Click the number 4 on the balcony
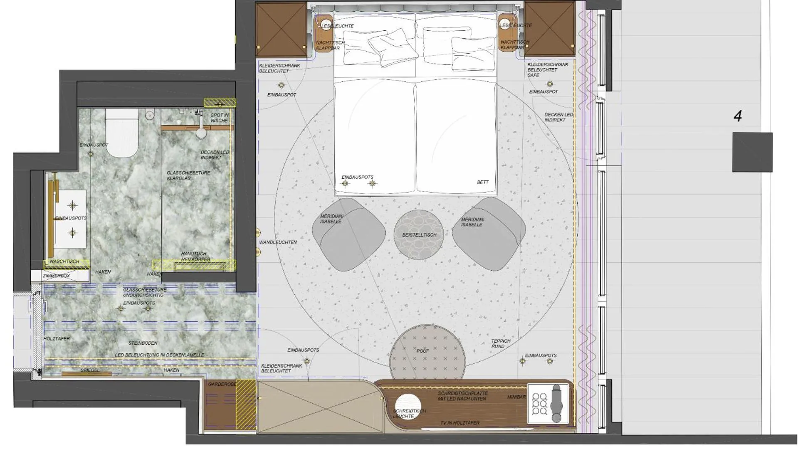[x=738, y=116]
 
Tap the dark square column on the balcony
[x=752, y=152]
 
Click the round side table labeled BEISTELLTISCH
[x=419, y=235]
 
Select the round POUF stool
[x=427, y=353]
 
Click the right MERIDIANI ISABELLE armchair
[x=489, y=234]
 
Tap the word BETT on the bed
[x=482, y=182]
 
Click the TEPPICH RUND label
[x=500, y=343]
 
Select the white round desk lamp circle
[x=407, y=406]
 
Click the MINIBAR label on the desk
[x=516, y=397]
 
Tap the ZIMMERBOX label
[x=57, y=276]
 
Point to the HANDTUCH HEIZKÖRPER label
[x=195, y=257]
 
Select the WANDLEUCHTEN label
[x=278, y=242]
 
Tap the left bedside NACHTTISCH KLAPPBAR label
[x=330, y=45]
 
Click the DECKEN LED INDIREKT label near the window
[x=558, y=117]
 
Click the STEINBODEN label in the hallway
[x=143, y=343]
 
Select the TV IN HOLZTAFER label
[x=460, y=423]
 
